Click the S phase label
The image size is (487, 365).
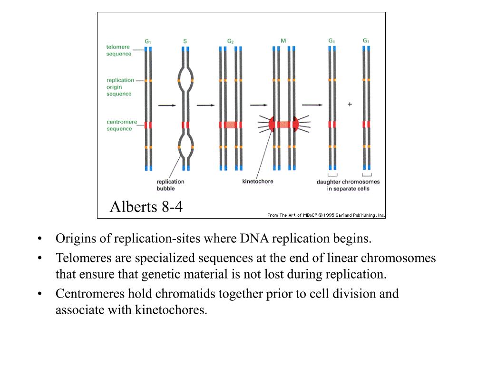pos(185,41)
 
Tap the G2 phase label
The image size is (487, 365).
pos(230,41)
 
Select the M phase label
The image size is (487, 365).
pos(283,41)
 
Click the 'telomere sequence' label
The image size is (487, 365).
pos(118,50)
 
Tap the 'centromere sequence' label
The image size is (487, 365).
pos(121,125)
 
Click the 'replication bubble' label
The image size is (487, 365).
pos(170,185)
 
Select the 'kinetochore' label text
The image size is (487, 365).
pos(258,181)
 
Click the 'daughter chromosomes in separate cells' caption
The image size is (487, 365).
pos(348,185)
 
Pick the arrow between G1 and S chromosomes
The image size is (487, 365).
pos(167,106)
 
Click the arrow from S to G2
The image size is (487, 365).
pos(205,106)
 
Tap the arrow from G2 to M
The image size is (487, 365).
pos(259,106)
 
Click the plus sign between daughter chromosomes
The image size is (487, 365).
pos(350,104)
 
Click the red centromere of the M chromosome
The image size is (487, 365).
pos(284,125)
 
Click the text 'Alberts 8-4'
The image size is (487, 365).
pos(146,207)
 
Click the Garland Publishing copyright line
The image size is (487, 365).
pos(326,215)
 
